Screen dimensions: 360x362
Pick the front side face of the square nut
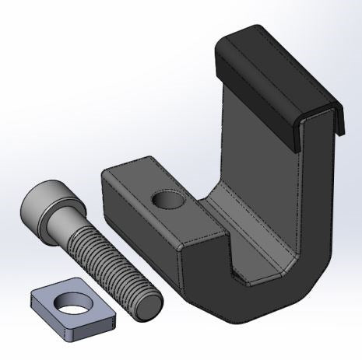pos(78,329)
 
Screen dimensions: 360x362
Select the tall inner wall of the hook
pos(257,148)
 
